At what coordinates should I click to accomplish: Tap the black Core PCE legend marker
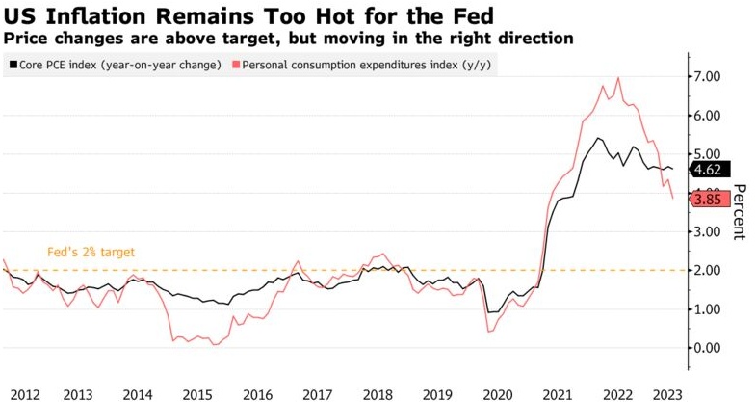pyautogui.click(x=12, y=65)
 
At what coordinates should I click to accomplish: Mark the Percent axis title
pyautogui.click(x=740, y=211)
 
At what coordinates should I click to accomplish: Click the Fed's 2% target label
pyautogui.click(x=91, y=252)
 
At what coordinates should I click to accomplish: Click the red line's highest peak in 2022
pyautogui.click(x=617, y=78)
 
